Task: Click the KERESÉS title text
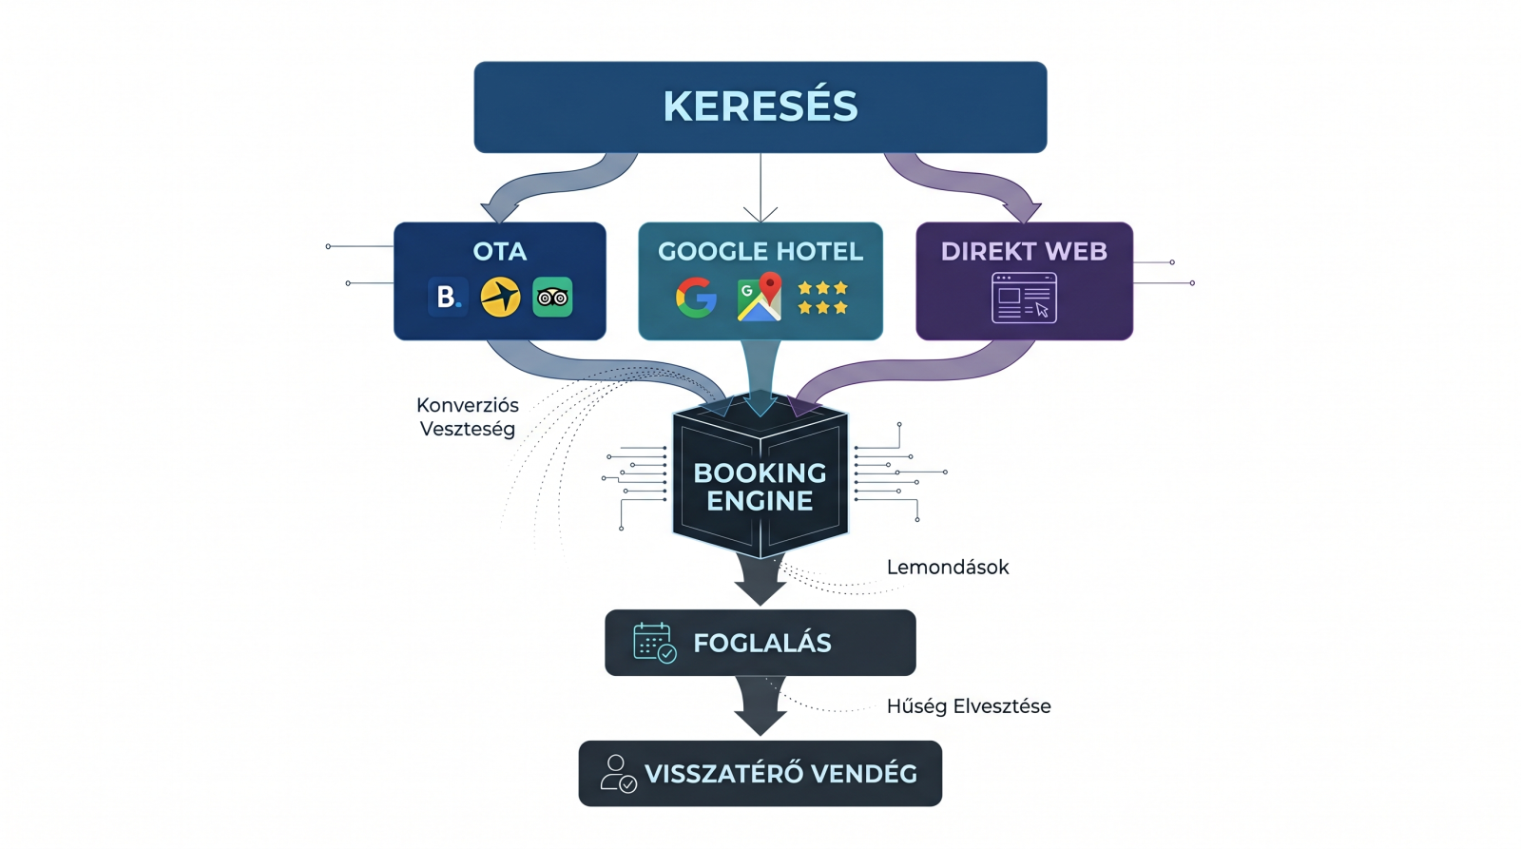(x=760, y=106)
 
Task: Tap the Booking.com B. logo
(x=447, y=297)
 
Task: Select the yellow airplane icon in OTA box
(x=500, y=297)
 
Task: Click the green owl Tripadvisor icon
(x=552, y=297)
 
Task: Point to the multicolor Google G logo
(x=696, y=298)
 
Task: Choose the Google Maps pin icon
(x=760, y=297)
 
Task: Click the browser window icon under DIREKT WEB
(x=1024, y=298)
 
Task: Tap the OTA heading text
(x=500, y=251)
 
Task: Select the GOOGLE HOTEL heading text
(x=760, y=251)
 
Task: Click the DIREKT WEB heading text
(x=1024, y=251)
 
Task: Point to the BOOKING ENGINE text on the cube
(x=760, y=487)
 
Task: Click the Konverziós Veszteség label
(x=468, y=416)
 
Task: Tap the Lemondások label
(x=948, y=568)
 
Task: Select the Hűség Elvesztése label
(x=969, y=706)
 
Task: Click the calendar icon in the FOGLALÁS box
(x=654, y=643)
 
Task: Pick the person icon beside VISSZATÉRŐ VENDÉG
(x=618, y=774)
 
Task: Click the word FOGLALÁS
(x=762, y=644)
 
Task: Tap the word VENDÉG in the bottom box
(x=864, y=774)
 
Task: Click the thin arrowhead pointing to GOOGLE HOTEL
(x=760, y=215)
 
